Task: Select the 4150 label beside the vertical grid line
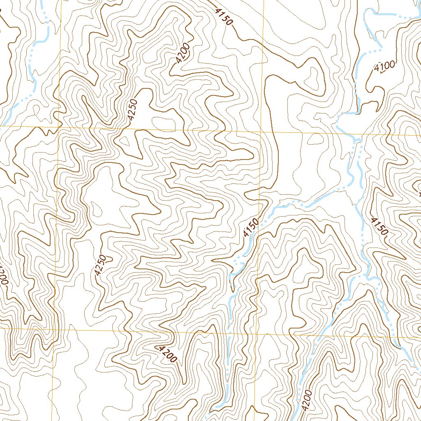250,227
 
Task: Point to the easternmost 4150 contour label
379,226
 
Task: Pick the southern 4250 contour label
100,265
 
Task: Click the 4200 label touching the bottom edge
307,401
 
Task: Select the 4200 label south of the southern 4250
166,353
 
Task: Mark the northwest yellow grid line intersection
59,128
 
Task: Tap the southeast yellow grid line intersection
257,332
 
